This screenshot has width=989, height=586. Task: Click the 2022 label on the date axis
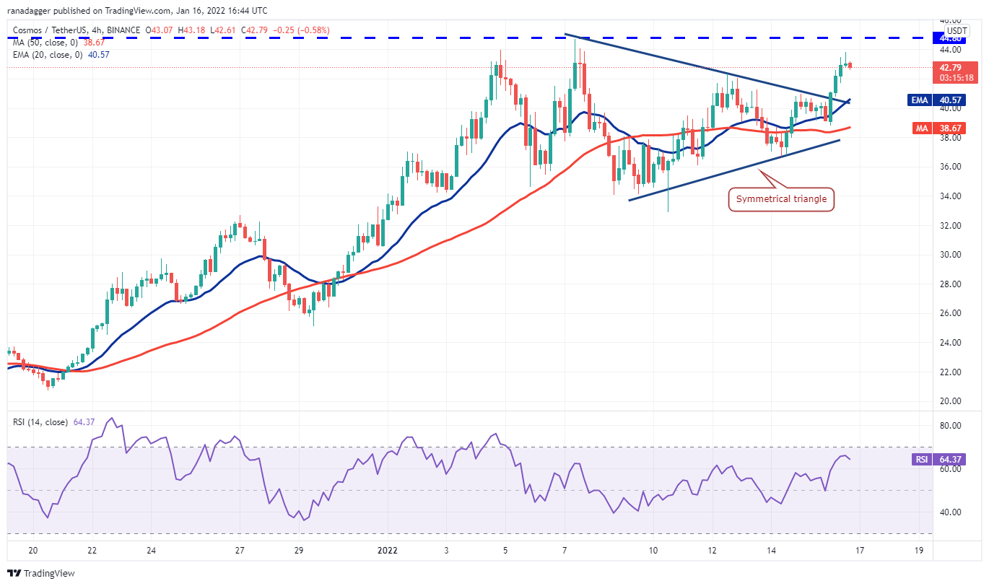point(387,550)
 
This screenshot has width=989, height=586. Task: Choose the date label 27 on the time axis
point(239,550)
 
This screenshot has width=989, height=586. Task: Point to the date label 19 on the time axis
point(918,550)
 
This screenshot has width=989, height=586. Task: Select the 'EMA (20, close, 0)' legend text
point(46,54)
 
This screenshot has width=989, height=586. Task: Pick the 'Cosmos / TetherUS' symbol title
point(51,31)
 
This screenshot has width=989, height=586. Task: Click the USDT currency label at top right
point(957,31)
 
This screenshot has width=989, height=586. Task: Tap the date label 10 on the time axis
point(653,550)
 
